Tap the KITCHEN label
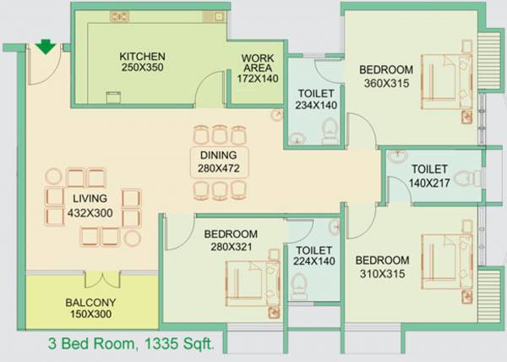142,57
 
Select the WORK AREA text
258,64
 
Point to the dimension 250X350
142,69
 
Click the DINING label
218,156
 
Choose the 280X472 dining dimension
218,168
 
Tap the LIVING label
89,200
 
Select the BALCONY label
90,302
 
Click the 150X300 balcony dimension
90,315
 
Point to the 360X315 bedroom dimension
385,83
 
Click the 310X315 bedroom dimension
382,273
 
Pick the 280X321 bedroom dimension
230,248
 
